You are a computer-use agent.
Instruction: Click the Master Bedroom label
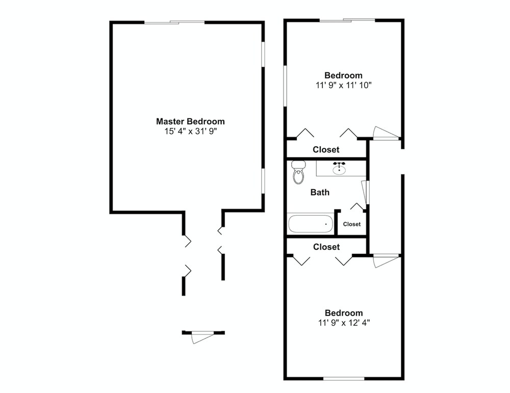(190, 121)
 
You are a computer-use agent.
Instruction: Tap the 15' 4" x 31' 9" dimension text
(191, 132)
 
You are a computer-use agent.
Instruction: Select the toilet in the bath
(298, 172)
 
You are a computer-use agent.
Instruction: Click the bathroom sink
(339, 168)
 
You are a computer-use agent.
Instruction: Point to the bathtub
(310, 224)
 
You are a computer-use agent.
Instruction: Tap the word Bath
(320, 193)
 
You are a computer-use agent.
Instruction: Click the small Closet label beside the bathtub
(351, 224)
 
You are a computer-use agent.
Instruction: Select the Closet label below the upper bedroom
(326, 149)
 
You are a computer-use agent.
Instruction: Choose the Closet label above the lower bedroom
(326, 247)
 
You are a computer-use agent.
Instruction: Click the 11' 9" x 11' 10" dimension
(343, 85)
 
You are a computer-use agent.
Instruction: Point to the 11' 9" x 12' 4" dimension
(344, 323)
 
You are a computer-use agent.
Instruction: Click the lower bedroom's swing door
(386, 260)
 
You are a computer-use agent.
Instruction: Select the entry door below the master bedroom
(202, 337)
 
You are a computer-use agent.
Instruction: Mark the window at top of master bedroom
(174, 22)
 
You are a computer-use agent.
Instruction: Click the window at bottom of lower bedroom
(344, 378)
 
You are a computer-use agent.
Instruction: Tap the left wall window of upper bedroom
(285, 86)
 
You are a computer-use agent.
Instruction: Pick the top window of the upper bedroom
(347, 20)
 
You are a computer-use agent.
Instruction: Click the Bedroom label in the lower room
(344, 313)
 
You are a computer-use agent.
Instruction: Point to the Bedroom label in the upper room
(343, 75)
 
